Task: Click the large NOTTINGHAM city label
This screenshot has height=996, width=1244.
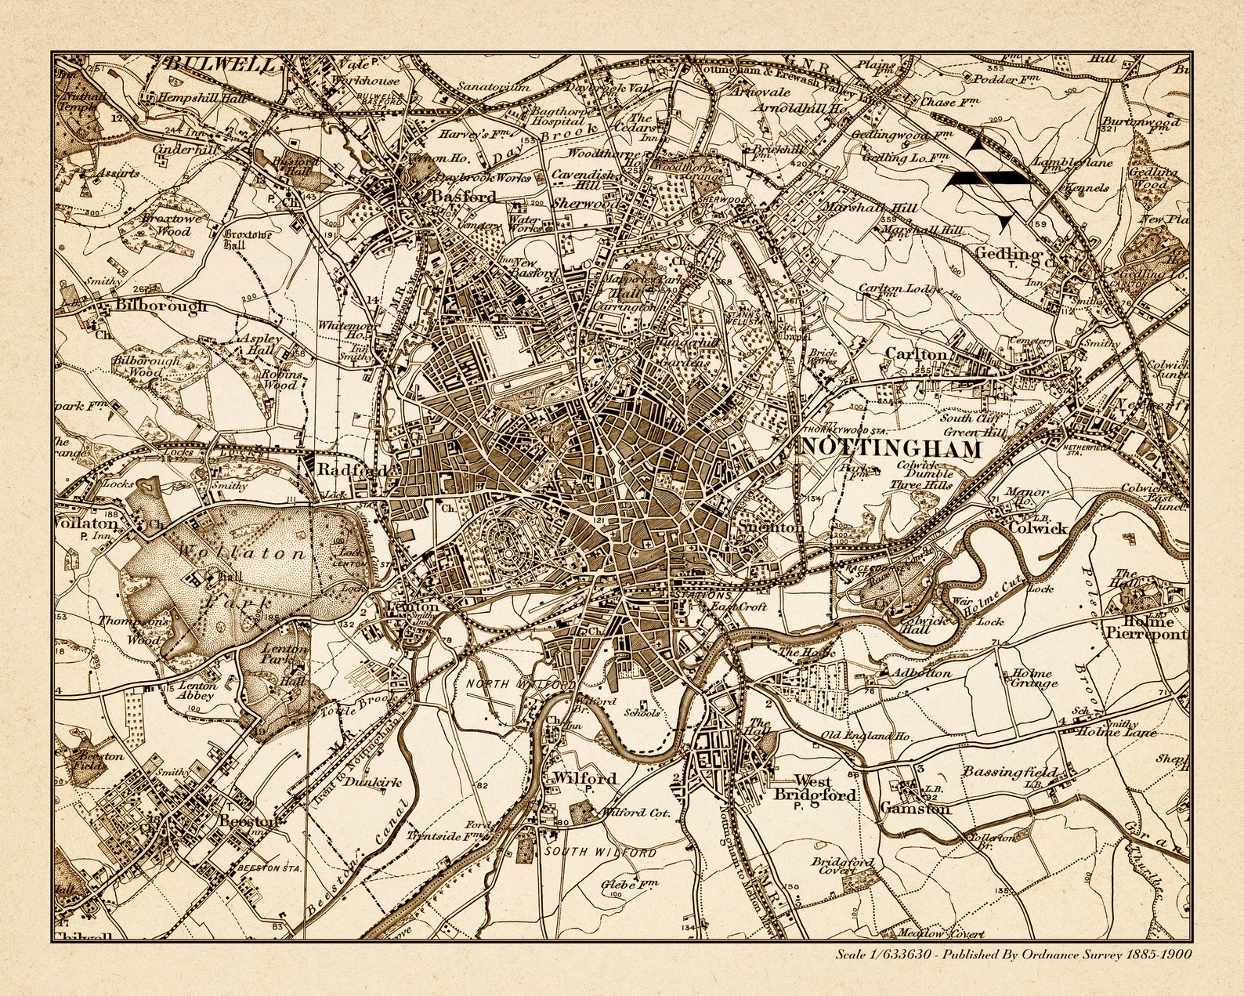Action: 891,449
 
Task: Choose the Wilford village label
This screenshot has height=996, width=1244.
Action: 585,778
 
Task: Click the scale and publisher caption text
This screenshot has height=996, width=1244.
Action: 1013,954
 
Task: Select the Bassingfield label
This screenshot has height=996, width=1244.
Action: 1010,772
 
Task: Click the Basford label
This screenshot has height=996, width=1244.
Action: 464,197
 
